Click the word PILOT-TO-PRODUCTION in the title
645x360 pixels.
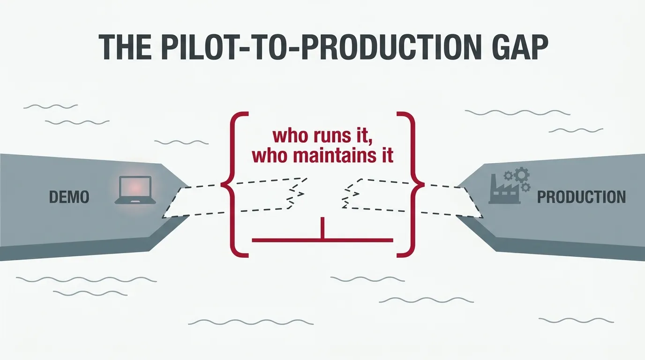click(324, 47)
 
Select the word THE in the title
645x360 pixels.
click(125, 47)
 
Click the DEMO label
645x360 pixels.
click(69, 197)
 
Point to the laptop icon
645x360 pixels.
click(135, 190)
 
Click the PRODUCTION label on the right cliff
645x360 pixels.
click(581, 197)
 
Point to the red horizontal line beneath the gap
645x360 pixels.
click(322, 240)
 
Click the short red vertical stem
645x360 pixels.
click(322, 228)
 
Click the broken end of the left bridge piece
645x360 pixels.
click(297, 193)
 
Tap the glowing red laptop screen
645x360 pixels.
click(135, 187)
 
